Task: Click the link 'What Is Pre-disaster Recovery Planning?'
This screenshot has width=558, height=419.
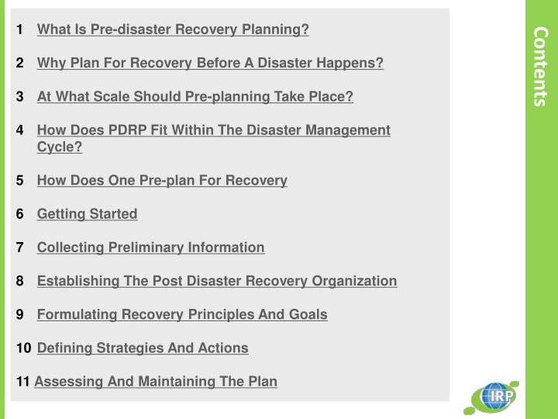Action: coord(173,29)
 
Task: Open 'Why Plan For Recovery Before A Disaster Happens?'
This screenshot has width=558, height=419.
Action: coord(210,63)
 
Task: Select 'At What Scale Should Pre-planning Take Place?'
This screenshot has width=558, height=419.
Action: coord(195,96)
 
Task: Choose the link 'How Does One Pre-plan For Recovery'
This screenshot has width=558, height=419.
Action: coord(162,180)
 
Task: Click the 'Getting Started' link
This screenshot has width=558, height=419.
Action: coord(87,213)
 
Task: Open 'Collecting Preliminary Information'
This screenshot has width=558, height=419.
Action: coord(150,247)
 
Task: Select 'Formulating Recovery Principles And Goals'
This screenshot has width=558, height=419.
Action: coord(182,314)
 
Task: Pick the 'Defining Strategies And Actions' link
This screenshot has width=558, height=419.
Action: coord(143,348)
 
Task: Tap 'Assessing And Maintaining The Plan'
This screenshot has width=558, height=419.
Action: coord(156,381)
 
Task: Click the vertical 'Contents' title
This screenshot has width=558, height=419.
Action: coord(541,66)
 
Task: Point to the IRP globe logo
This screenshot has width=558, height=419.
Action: coord(493,397)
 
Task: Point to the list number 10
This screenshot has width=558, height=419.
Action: coord(23,348)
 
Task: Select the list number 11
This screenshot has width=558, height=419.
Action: coord(22,381)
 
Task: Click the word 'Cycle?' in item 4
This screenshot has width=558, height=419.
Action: coord(60,147)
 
